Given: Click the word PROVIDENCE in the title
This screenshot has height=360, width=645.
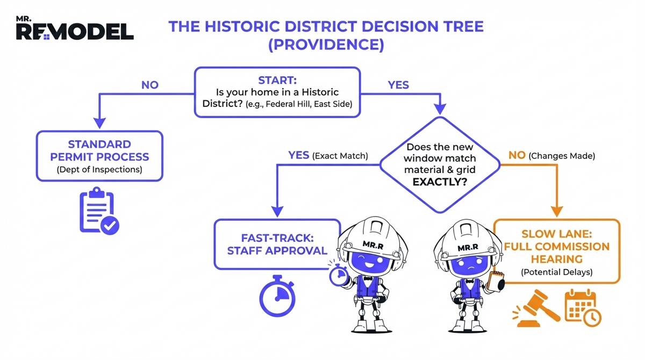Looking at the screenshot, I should coord(326,45).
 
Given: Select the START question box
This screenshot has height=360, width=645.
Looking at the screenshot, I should coord(276,92).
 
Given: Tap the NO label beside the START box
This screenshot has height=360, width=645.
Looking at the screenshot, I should coord(149,85).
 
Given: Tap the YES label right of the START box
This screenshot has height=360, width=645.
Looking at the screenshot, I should coord(398,85).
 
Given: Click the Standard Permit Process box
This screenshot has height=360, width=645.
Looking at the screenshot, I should coord(99,156).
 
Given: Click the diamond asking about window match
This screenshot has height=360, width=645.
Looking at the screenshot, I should coord(441,164).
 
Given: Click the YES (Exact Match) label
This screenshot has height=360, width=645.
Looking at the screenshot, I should coord(327,156).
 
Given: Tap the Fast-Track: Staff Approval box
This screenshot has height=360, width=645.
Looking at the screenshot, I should coord(277,243).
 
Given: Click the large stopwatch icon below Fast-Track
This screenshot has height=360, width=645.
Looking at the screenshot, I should coord(277,296).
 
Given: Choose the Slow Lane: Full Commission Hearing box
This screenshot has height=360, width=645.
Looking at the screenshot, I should coord(557,250).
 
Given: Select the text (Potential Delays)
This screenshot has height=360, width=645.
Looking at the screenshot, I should coord(557,272).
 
